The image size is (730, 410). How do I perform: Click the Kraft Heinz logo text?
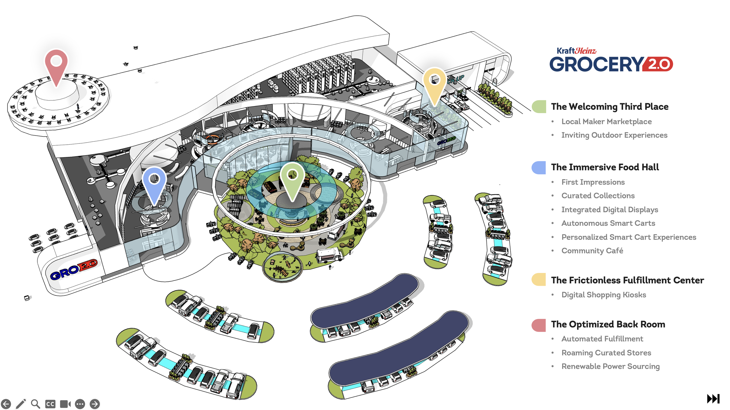pos(576,51)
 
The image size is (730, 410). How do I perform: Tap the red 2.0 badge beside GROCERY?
pos(659,64)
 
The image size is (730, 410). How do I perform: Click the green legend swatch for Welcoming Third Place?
pos(539,107)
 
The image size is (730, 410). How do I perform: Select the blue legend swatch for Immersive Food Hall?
pos(539,167)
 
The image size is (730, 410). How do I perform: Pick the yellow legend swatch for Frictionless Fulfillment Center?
pos(539,280)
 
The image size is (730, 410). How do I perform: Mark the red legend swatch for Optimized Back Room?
pos(539,325)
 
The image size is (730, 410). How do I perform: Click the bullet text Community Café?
pos(592,251)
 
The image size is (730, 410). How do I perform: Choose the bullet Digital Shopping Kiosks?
pos(603,295)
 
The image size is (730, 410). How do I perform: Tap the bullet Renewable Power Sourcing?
pos(610,366)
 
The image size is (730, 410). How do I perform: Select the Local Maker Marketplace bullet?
pos(606,122)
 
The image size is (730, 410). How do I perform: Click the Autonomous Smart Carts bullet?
pos(608,223)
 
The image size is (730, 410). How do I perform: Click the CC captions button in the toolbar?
pos(50,404)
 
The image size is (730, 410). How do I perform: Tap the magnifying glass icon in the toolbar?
pos(35,404)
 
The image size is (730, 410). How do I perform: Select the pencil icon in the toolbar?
pos(21,404)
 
